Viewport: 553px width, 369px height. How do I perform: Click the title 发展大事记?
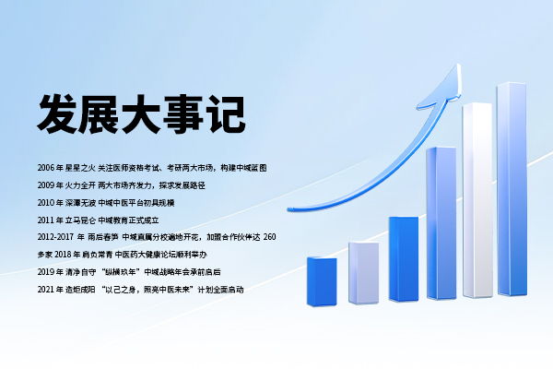click(x=141, y=113)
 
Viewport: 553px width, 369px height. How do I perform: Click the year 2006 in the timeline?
click(x=47, y=168)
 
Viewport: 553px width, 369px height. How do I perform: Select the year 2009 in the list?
click(x=47, y=184)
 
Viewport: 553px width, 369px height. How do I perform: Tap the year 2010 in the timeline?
click(x=47, y=202)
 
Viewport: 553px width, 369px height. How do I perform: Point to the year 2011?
click(x=47, y=220)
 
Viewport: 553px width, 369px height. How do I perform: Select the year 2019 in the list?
click(x=47, y=272)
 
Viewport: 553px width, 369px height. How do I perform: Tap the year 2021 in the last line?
click(x=47, y=290)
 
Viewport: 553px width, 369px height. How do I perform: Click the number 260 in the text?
click(x=270, y=237)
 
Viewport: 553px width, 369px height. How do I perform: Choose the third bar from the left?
click(x=404, y=258)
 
